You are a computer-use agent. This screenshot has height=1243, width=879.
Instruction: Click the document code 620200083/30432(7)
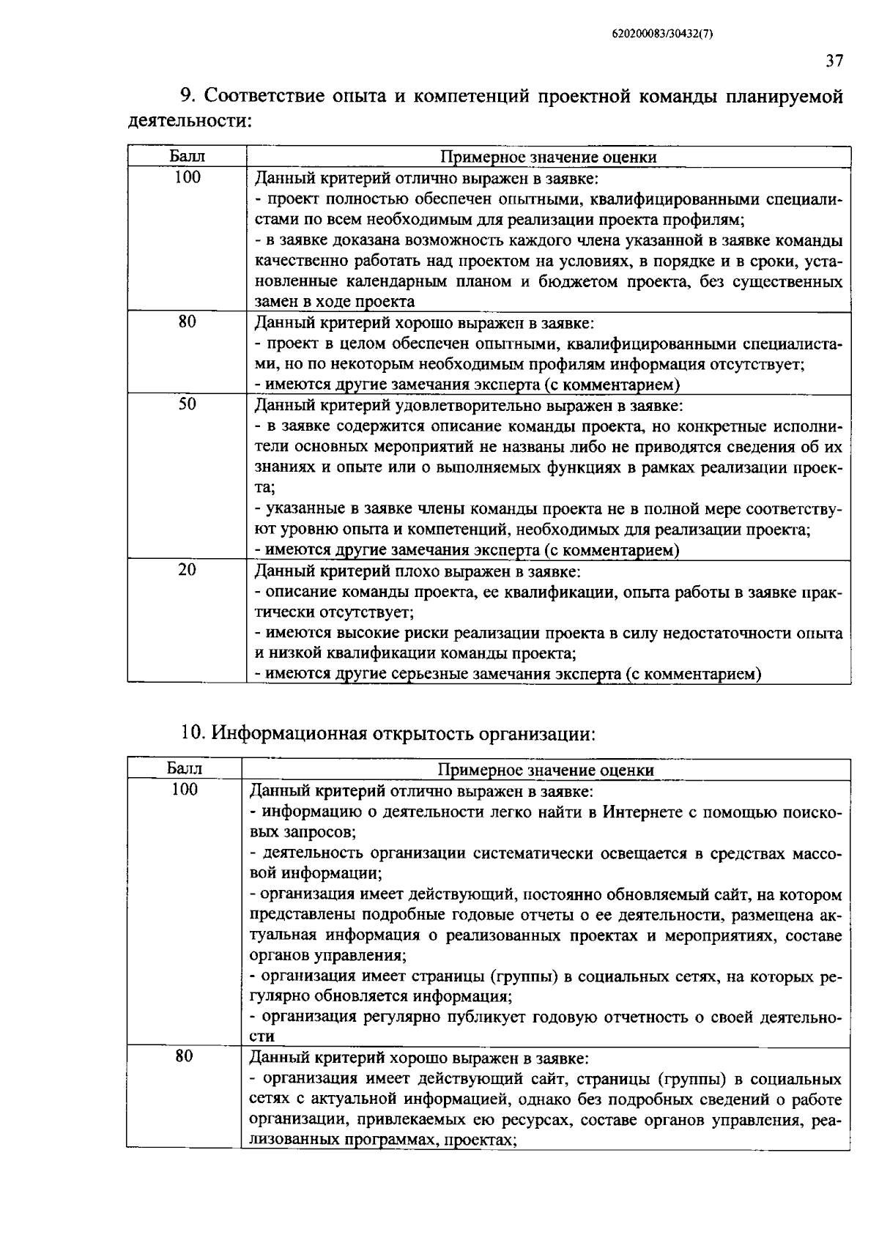(661, 34)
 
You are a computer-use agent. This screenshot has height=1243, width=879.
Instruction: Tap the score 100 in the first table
(188, 177)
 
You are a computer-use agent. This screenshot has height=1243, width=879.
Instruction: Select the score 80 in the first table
(188, 321)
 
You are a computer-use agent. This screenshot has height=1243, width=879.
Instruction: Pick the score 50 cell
(188, 404)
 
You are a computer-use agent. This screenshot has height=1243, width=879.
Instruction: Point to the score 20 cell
(188, 569)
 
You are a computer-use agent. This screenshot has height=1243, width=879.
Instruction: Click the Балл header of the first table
(188, 156)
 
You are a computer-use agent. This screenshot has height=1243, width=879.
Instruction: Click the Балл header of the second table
(185, 769)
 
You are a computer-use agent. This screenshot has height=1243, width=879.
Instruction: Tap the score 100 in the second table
(185, 790)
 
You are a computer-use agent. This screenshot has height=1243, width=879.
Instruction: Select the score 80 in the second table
(185, 1056)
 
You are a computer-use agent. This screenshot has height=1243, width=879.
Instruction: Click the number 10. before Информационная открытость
(195, 732)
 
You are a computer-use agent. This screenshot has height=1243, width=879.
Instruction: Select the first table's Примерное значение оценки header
(548, 157)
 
